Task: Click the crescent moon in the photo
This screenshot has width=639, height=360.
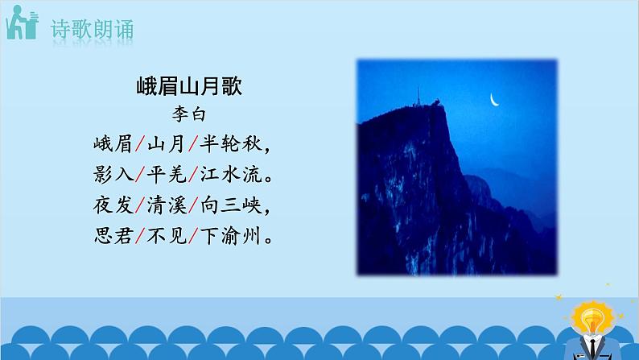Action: point(495,100)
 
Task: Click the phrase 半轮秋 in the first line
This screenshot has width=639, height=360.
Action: point(231,146)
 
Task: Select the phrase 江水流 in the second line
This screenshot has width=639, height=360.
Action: point(231,176)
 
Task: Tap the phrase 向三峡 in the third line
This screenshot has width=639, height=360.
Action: point(231,207)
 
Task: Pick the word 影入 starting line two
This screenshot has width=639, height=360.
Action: point(111,176)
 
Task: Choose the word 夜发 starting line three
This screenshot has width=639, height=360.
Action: point(111,207)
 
